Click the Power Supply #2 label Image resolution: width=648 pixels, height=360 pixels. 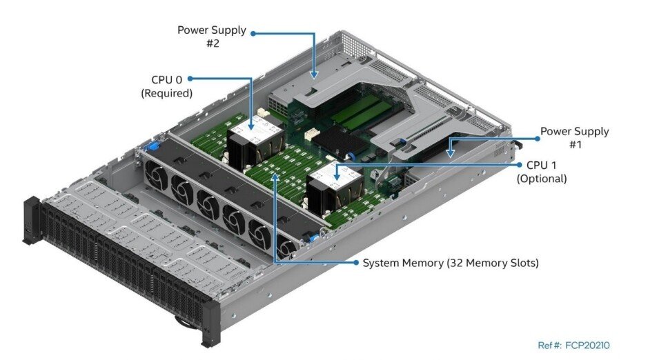212,37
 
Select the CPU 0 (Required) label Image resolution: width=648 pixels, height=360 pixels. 166,86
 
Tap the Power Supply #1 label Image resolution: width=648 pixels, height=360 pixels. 574,137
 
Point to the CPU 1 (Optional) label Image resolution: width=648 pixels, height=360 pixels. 542,172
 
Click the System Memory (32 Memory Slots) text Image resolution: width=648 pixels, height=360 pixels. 451,263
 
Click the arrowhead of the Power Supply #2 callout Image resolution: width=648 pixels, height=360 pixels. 314,74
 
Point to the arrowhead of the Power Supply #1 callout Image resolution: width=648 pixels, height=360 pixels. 451,153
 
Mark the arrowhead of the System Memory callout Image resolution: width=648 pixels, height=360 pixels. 275,177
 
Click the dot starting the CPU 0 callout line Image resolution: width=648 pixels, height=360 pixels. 190,79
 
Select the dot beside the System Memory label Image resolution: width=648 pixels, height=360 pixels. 356,263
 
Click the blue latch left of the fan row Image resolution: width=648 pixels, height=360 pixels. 152,146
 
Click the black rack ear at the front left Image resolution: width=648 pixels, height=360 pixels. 32,221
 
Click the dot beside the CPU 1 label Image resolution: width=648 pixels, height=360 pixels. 520,165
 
